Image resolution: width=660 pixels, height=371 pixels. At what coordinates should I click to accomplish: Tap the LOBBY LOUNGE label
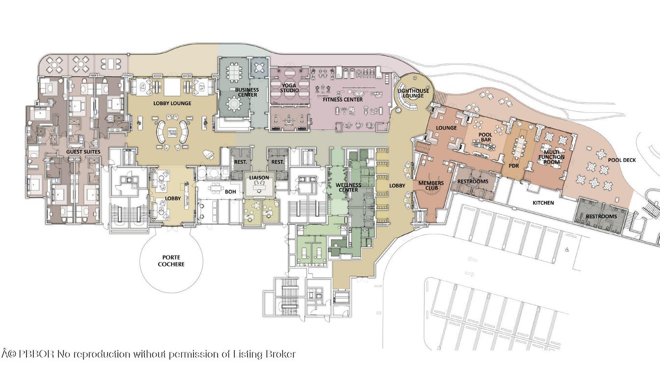click(172, 104)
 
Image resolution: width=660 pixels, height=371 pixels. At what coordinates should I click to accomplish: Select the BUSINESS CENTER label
click(247, 92)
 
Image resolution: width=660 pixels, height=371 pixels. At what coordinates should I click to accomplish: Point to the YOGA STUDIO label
click(289, 87)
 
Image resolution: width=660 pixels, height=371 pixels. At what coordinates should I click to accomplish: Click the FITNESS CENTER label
click(343, 100)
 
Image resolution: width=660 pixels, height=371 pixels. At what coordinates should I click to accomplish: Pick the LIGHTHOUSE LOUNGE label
click(413, 93)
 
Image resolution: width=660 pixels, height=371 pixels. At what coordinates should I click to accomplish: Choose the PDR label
click(514, 166)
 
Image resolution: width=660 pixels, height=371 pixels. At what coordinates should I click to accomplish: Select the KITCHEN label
click(543, 203)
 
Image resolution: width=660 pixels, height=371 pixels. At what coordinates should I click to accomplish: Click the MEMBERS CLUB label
click(431, 186)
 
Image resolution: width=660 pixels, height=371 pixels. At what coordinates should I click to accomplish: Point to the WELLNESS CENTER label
click(348, 187)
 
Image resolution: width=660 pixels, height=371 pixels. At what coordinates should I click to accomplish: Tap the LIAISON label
click(258, 177)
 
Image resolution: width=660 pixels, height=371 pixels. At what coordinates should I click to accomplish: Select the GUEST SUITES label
click(83, 152)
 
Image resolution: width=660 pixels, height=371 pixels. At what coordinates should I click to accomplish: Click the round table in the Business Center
click(233, 104)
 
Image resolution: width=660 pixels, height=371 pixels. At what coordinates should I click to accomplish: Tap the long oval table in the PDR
click(520, 146)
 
